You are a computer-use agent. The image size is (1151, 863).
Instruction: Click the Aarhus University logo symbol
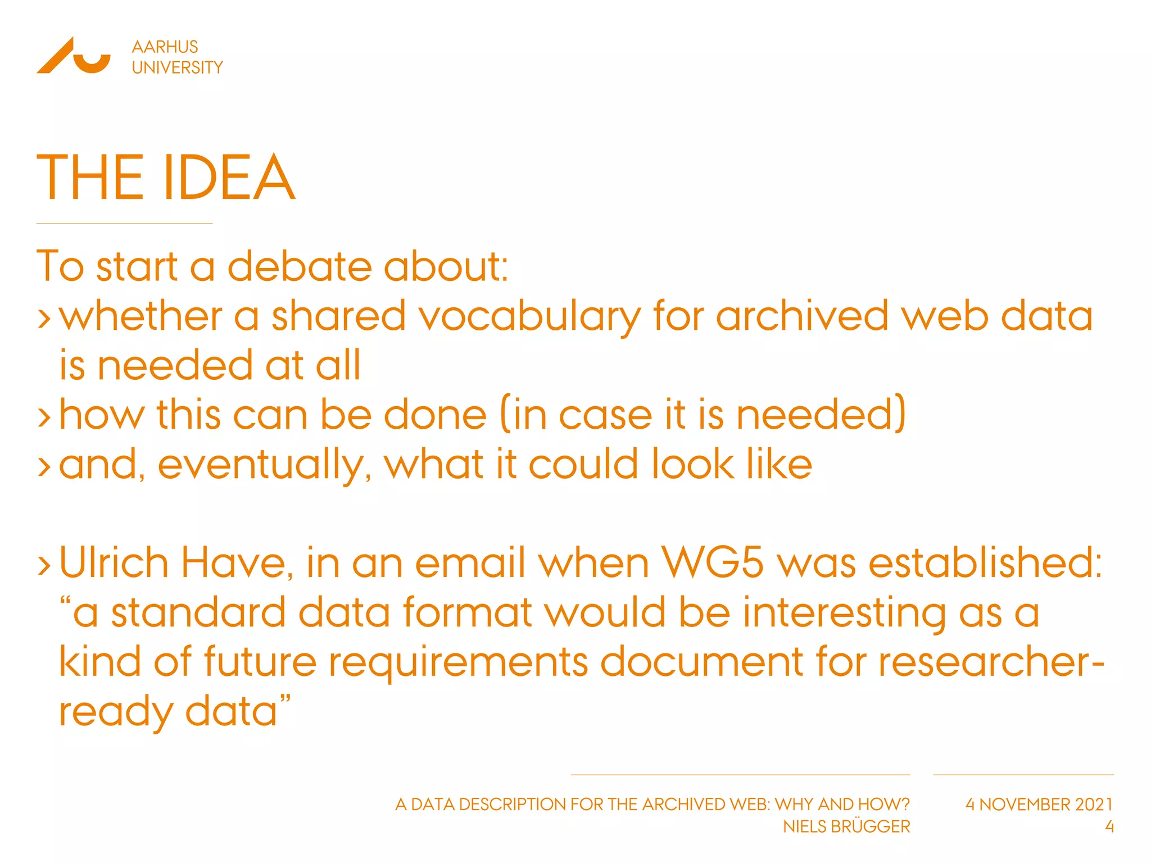73,56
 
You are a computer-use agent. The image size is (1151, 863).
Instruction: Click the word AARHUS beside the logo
165,47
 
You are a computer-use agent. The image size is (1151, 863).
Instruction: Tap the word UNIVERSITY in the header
177,68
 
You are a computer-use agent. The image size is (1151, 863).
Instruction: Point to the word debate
300,266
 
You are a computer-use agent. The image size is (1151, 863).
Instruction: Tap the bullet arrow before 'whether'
44,318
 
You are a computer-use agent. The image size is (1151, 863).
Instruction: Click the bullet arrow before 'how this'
44,417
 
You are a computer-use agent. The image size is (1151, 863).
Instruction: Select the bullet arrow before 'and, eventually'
44,466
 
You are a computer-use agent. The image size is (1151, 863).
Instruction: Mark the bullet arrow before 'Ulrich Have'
44,565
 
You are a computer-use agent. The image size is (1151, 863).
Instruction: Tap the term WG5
712,563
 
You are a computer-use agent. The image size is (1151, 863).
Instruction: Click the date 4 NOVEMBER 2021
1039,805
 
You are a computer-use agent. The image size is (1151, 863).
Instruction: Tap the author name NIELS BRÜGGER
846,827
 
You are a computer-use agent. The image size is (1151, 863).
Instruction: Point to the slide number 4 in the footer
1109,827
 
